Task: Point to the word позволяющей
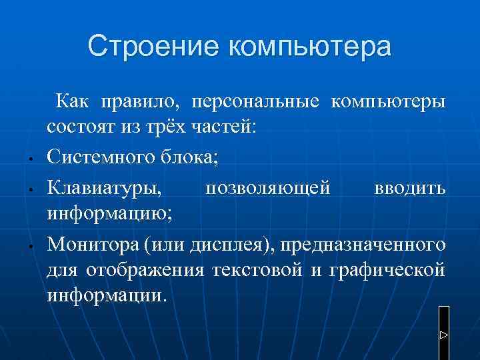point(267,188)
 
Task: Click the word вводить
point(410,188)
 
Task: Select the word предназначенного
point(363,245)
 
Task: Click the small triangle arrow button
point(444,333)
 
